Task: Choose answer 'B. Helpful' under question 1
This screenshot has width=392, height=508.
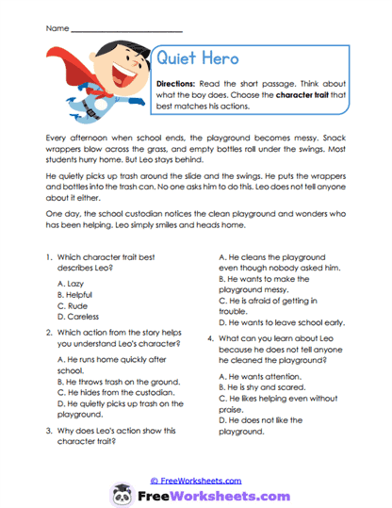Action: [x=77, y=293]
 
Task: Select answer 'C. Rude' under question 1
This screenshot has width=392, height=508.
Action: [x=73, y=305]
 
